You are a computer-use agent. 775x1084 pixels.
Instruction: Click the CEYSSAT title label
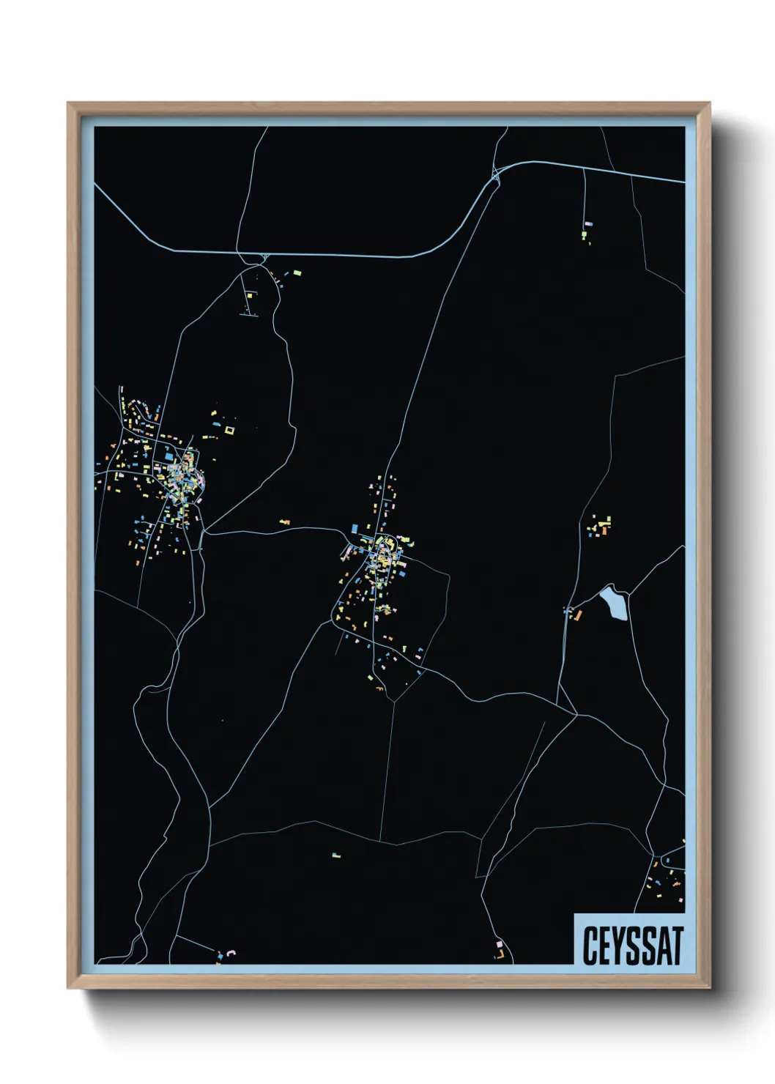click(x=632, y=946)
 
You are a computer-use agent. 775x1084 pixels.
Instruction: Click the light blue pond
click(x=615, y=603)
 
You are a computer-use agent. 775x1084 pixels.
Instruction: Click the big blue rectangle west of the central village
click(x=355, y=528)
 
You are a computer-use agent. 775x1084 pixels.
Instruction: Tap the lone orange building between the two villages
click(x=285, y=522)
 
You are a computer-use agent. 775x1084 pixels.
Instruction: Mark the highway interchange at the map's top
click(x=497, y=174)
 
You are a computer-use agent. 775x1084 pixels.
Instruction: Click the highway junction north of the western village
click(x=262, y=257)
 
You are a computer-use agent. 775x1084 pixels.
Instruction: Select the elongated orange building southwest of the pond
click(x=576, y=615)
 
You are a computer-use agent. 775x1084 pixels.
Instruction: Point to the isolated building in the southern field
click(x=336, y=855)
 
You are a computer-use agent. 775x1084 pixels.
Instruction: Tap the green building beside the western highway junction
click(x=297, y=273)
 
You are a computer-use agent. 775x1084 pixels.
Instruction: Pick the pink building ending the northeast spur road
click(x=588, y=224)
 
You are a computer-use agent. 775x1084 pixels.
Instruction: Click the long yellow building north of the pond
click(x=604, y=523)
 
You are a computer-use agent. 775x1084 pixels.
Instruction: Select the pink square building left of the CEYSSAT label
click(x=500, y=944)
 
